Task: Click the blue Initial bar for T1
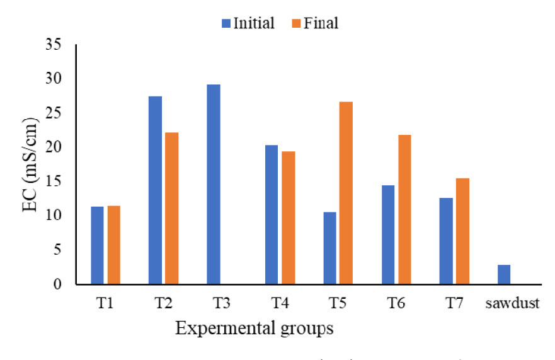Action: point(97,245)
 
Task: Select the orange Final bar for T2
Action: point(171,208)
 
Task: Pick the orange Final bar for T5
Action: point(346,193)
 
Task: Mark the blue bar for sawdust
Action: point(504,274)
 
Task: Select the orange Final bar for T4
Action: point(288,218)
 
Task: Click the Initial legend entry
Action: point(248,24)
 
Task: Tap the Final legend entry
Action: point(315,24)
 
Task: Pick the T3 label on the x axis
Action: point(220,303)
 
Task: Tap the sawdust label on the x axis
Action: point(512,303)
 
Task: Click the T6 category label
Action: point(396,303)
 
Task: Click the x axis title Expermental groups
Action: point(254,328)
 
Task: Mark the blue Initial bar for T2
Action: point(155,190)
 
